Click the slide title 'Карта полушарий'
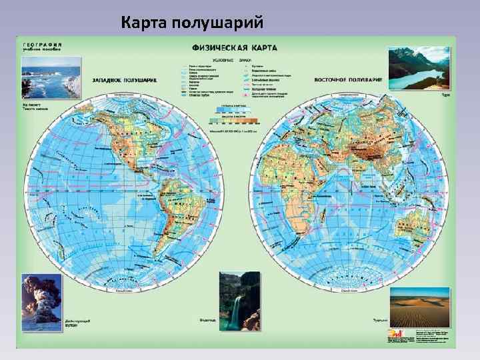(x=193, y=25)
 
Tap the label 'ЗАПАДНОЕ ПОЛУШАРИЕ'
(x=125, y=81)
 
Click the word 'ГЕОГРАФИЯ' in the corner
(x=42, y=41)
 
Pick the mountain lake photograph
(x=419, y=67)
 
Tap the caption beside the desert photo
(x=380, y=319)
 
